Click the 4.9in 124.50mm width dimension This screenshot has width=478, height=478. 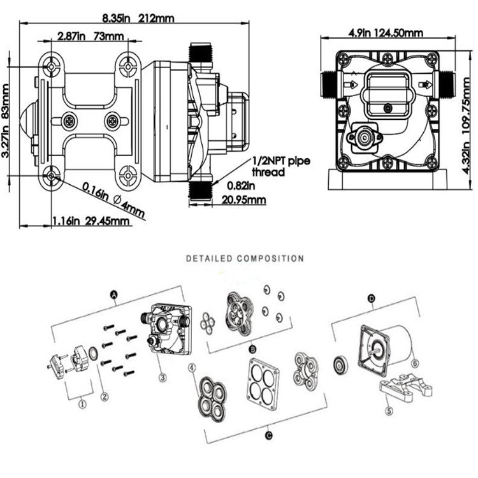(x=384, y=32)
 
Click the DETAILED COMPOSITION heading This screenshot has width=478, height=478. (x=244, y=259)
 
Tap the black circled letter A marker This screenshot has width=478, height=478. (x=114, y=293)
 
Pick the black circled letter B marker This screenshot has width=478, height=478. (x=252, y=350)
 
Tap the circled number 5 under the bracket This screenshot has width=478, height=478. (x=389, y=410)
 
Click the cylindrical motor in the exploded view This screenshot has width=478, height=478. (x=398, y=345)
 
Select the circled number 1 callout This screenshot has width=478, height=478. (x=82, y=403)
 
